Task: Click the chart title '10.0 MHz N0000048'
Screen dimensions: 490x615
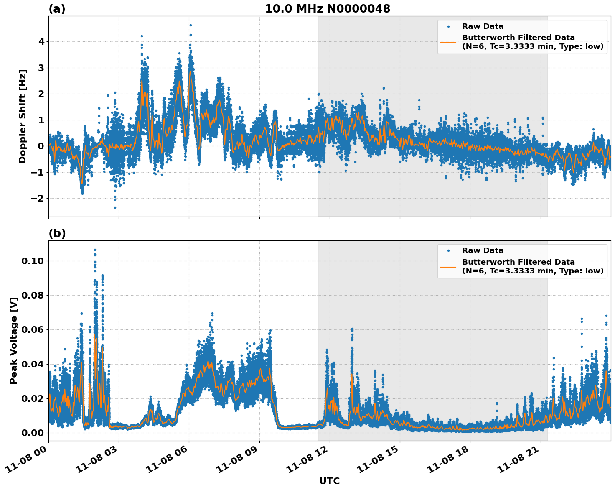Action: [x=328, y=9]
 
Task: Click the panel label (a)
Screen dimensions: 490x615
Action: [x=57, y=9]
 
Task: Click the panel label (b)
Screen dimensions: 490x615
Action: [x=57, y=233]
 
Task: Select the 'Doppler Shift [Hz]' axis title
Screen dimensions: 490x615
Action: [x=23, y=116]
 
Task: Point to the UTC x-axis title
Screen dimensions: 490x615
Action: [x=329, y=481]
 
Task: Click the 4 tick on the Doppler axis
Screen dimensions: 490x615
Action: [x=41, y=42]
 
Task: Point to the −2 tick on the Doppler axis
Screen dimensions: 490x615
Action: [x=38, y=198]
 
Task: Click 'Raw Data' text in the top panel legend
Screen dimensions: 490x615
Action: [x=483, y=26]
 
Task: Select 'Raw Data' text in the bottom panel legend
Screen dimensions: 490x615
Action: [x=483, y=250]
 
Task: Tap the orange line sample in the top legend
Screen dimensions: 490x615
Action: [x=448, y=42]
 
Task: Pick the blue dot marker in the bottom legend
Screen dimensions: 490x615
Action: [x=448, y=250]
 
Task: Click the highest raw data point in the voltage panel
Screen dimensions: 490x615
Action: [x=95, y=250]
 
